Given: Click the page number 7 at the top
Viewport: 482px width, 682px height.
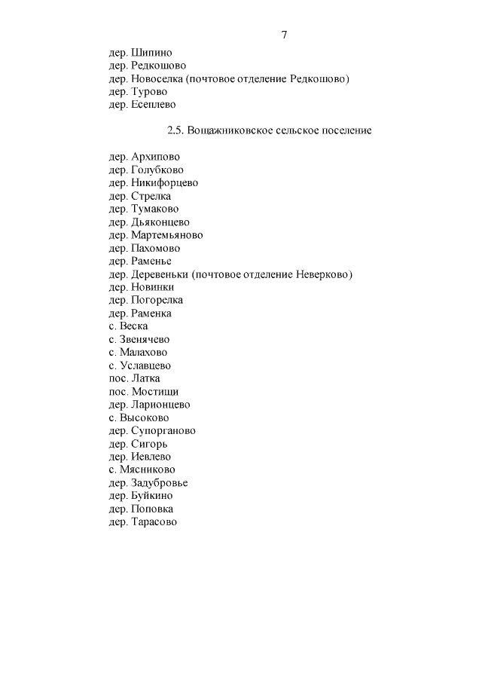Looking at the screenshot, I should coord(284,35).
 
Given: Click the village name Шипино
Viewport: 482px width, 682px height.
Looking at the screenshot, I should coord(151,53).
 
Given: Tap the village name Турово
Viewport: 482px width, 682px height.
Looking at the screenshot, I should coord(149,92).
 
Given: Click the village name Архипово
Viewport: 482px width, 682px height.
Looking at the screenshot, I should coord(155,157).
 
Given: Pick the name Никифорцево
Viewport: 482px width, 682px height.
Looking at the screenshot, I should coord(164,183).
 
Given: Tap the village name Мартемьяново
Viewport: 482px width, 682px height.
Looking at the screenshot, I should coord(166,235).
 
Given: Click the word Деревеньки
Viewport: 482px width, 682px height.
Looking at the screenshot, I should coord(160,274).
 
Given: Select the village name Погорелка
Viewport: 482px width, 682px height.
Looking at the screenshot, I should coord(157,300).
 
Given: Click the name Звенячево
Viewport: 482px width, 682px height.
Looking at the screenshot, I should coord(145,339).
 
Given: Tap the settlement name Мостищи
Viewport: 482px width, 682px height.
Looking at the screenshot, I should coord(155,392).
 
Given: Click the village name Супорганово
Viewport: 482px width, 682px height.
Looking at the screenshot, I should coord(163,431).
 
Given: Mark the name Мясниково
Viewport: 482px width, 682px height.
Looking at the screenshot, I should coord(148,469).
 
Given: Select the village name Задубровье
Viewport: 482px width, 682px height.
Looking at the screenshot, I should coord(159,483).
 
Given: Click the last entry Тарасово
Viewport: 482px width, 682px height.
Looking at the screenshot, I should coord(154,521).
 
